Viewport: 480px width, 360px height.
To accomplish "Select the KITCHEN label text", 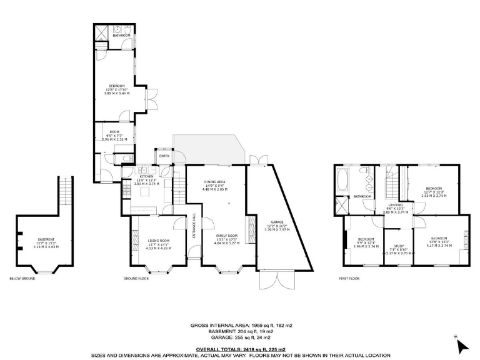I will pyautogui.click(x=146, y=177).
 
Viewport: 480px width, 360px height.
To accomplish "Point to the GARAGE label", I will pyautogui.click(x=277, y=222).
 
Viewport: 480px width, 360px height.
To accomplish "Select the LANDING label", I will pyautogui.click(x=395, y=204).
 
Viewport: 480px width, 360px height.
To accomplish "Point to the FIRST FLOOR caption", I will pyautogui.click(x=351, y=278).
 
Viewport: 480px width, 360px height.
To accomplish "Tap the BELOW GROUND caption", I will pyautogui.click(x=22, y=278).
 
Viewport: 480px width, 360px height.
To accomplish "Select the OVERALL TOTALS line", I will pyautogui.click(x=241, y=349).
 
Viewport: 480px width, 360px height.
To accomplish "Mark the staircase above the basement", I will pyautogui.click(x=65, y=194).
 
